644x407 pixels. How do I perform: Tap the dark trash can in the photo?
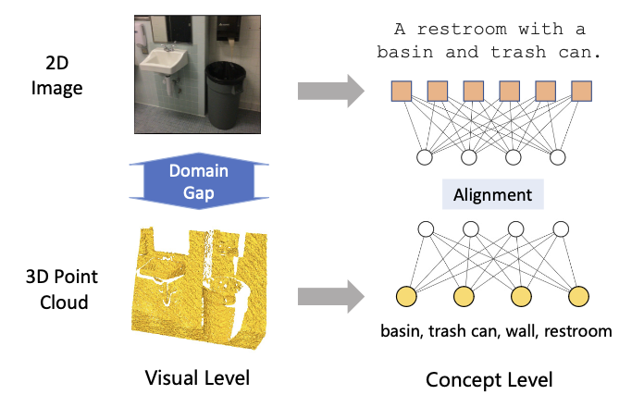pyautogui.click(x=225, y=94)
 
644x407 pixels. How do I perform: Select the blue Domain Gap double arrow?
pyautogui.click(x=199, y=181)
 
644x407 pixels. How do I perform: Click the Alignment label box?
pyautogui.click(x=493, y=194)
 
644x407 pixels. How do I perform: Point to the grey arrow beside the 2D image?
pyautogui.click(x=331, y=92)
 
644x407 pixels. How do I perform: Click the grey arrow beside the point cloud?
pyautogui.click(x=331, y=297)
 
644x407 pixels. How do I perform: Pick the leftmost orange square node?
pyautogui.click(x=402, y=92)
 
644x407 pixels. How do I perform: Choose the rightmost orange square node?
pyautogui.click(x=582, y=92)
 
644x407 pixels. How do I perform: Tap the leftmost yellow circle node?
pyautogui.click(x=406, y=297)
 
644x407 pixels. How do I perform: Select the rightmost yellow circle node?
pyautogui.click(x=578, y=297)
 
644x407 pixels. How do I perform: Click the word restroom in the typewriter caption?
pyautogui.click(x=462, y=30)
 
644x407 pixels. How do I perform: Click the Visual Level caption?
pyautogui.click(x=197, y=377)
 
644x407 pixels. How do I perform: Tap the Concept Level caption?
pyautogui.click(x=489, y=380)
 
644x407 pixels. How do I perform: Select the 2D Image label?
pyautogui.click(x=57, y=76)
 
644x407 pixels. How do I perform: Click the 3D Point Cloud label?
pyautogui.click(x=62, y=290)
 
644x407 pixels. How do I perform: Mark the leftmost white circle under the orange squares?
pyautogui.click(x=425, y=157)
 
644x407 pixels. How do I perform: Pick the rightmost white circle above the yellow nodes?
pyautogui.click(x=561, y=229)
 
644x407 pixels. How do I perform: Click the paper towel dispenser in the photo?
pyautogui.click(x=227, y=30)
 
